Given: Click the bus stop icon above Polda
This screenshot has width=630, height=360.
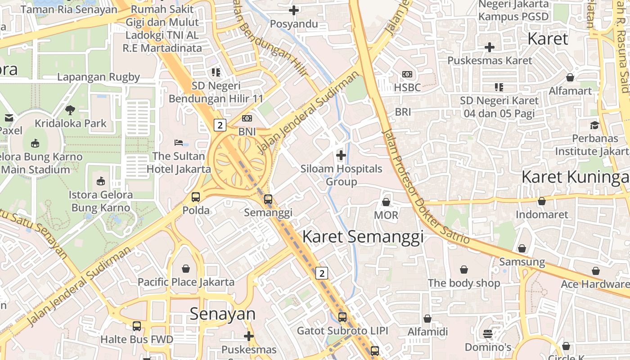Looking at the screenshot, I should coord(196,197).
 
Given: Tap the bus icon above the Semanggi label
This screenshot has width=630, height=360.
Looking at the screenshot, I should coord(268,199).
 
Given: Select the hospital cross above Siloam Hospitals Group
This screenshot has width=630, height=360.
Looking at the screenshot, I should coord(341,156).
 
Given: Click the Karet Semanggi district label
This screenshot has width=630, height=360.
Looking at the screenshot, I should coord(363,237).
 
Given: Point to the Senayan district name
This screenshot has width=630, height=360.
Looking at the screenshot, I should coord(222,314).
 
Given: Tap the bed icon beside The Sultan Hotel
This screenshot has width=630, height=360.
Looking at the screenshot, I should coord(179,143).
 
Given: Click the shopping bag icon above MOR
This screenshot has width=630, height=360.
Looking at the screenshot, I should coord(386,202).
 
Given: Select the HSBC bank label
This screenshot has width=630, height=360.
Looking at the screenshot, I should coord(407,87).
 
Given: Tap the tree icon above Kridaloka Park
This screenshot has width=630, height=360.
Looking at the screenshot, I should coord(70,109).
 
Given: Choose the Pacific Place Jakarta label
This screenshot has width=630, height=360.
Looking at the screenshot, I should coord(186,282).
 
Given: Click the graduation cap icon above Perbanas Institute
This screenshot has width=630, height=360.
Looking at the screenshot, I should coord(595,125).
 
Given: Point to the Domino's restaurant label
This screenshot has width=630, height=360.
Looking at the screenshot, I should coord(488,347).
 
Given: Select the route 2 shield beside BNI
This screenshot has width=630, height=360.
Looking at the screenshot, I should coord(220,125).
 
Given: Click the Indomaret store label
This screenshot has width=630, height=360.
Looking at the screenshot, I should coord(542,214).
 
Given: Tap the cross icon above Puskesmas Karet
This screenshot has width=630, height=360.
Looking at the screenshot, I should coord(490,47).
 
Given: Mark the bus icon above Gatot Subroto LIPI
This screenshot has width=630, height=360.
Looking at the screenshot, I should coord(342,317).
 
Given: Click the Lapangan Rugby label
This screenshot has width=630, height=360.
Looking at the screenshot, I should coord(99,77).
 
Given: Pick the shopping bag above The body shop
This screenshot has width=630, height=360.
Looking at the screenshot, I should coord(464,270).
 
